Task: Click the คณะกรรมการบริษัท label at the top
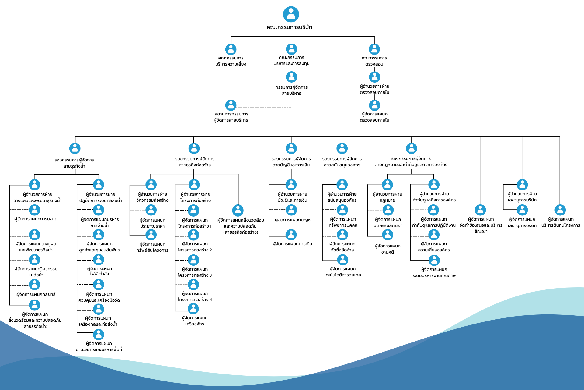289,27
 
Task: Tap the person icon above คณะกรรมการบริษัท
291,14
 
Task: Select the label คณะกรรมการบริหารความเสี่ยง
231,61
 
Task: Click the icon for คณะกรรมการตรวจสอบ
374,49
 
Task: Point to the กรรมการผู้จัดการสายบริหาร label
291,90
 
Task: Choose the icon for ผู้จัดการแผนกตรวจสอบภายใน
374,105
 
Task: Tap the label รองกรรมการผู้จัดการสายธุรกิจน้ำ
74,163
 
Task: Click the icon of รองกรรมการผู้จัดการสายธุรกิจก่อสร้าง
194,148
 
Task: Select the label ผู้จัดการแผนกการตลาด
36,219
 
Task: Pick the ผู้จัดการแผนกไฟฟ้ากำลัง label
99,271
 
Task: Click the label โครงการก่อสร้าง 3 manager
195,272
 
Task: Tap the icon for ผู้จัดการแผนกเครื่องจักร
193,309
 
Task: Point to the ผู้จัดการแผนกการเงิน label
292,244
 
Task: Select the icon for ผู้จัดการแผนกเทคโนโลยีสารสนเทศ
342,260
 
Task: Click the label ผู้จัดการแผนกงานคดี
388,249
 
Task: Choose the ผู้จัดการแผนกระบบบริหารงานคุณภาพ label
434,272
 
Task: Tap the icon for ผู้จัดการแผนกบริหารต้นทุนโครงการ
560,210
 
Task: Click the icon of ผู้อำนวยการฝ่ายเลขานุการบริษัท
522,185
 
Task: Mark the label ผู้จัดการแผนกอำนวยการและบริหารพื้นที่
99,346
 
